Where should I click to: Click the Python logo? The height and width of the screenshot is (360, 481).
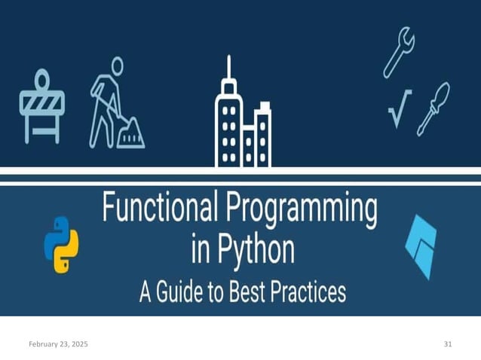61,246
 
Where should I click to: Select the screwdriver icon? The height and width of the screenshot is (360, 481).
434,108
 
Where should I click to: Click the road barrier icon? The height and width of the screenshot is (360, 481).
41,105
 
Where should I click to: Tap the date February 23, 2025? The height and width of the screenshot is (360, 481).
58,343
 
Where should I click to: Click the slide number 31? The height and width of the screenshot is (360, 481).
448,343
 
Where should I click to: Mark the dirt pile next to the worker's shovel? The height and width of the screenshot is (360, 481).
132,136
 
